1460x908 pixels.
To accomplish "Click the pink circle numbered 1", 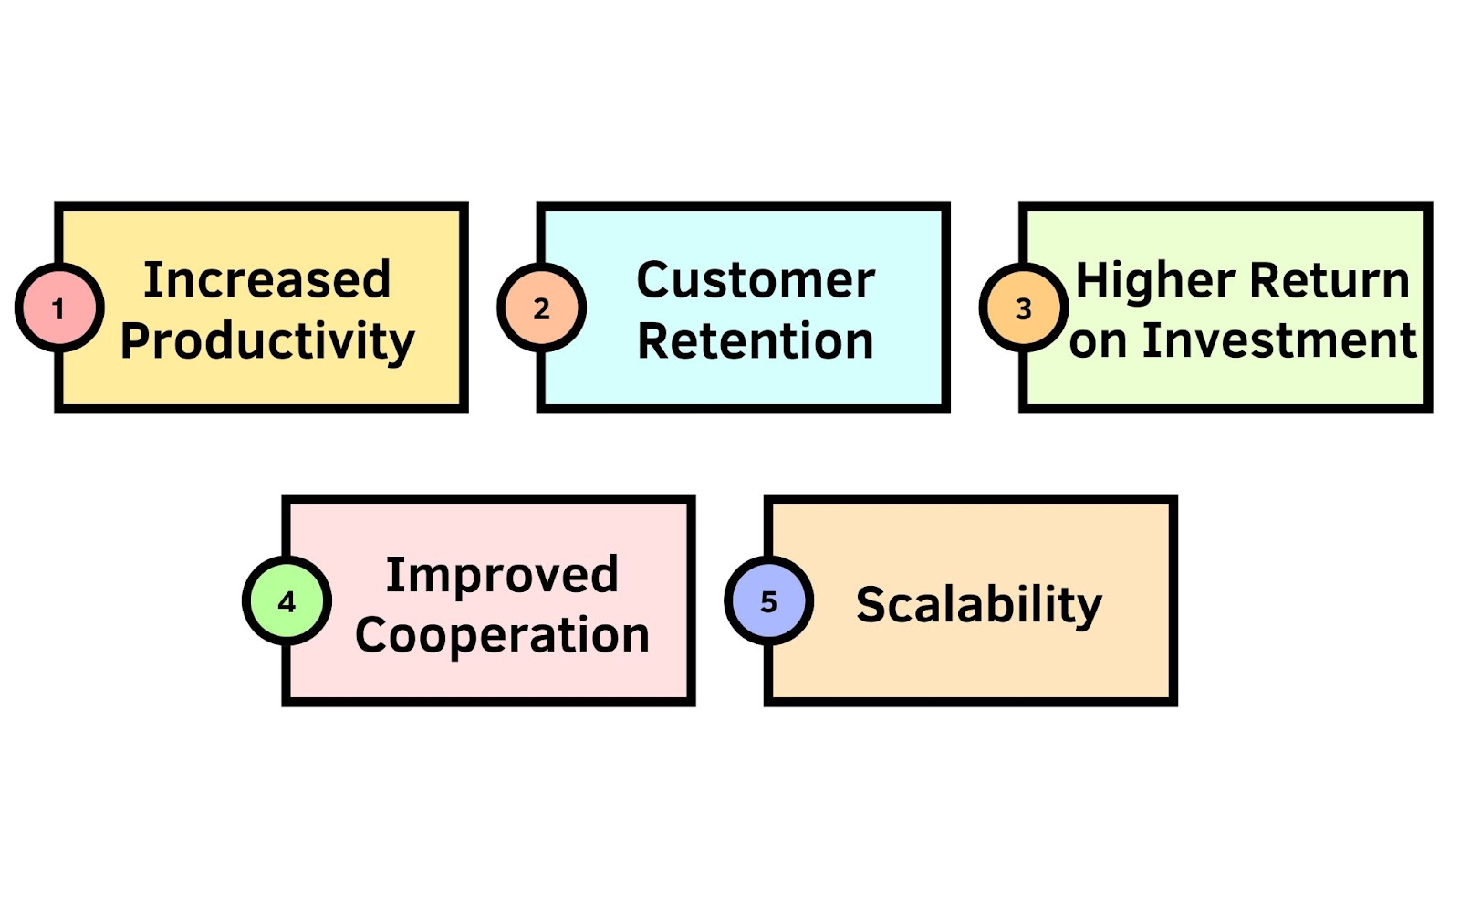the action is click(59, 308).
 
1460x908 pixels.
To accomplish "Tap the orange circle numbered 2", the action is click(542, 308).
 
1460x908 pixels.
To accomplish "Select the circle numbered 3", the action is click(1023, 308).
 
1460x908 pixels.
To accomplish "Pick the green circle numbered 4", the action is click(287, 601).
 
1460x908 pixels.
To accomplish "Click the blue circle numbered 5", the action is click(769, 601).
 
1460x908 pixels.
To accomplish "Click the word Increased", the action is click(267, 280).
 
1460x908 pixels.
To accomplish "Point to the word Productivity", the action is click(267, 341).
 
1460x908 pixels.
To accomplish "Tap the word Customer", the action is click(756, 280).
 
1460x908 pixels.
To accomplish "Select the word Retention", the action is click(756, 341).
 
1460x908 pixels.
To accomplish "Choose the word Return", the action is click(1330, 280).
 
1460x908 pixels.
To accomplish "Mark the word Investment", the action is click(1280, 341).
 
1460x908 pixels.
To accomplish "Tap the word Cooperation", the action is click(503, 635).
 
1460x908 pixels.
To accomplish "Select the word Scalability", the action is click(979, 606).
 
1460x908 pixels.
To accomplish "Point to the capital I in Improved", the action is click(393, 575).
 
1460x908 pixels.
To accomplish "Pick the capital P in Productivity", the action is click(135, 340).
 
